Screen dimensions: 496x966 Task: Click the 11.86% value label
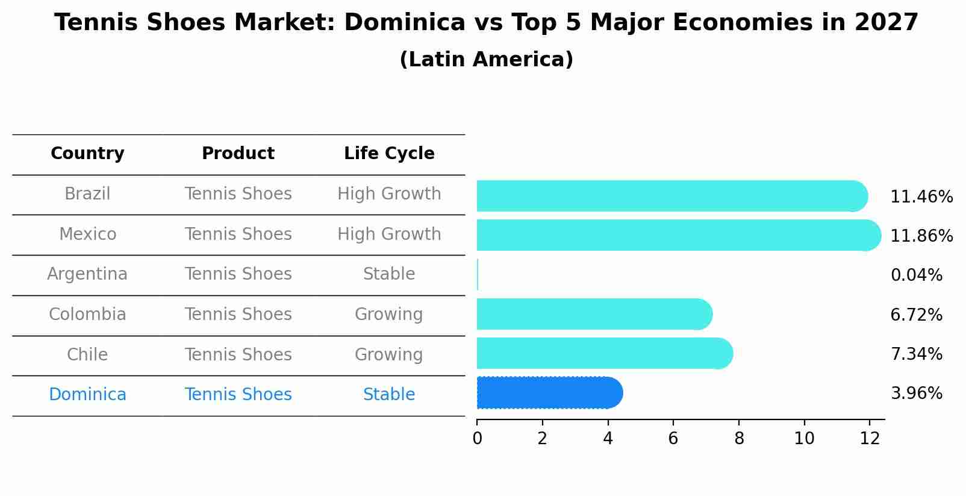point(921,236)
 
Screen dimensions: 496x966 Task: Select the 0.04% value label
point(916,275)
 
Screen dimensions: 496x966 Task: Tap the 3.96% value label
point(916,394)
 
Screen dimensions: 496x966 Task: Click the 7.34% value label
point(916,354)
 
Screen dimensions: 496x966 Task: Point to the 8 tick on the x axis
point(739,439)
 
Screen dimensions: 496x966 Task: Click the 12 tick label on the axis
point(870,439)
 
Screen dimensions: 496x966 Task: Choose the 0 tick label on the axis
point(478,439)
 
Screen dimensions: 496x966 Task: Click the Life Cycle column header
point(389,154)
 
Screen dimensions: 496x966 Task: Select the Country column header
point(87,154)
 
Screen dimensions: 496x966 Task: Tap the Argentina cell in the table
point(87,274)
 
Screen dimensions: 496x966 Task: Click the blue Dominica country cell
point(87,395)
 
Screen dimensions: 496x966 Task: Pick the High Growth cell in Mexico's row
point(389,234)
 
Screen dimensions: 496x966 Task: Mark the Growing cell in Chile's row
point(389,354)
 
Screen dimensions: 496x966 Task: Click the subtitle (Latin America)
point(486,60)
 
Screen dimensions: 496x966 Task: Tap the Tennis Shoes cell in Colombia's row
point(238,315)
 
